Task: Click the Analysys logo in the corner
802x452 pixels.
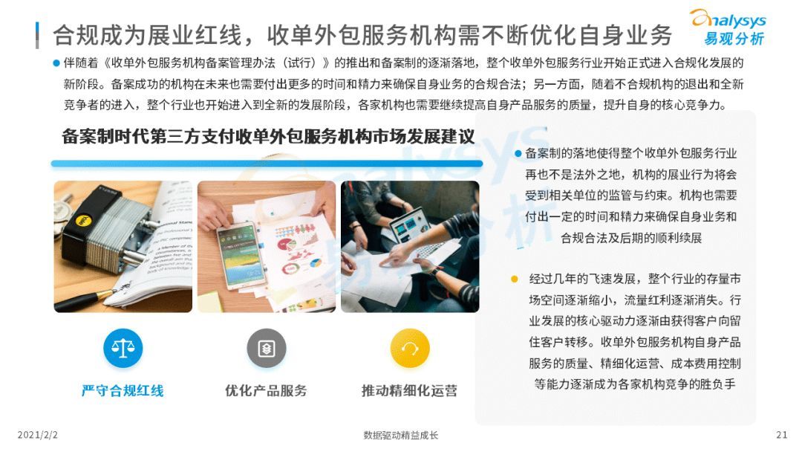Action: pos(728,28)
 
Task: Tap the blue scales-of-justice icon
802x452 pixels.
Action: pos(123,349)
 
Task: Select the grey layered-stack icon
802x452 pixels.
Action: pos(267,349)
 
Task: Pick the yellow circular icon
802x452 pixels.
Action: pos(410,349)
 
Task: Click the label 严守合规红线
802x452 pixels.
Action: pos(123,391)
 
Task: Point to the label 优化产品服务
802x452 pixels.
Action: pos(266,391)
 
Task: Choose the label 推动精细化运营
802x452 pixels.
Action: pos(410,391)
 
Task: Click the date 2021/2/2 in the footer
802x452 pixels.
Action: pos(38,435)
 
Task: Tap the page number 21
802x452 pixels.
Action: pos(781,435)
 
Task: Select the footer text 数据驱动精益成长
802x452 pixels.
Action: pos(400,436)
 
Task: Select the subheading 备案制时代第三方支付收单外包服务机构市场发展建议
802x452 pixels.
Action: pos(268,137)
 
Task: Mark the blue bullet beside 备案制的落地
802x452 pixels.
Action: pos(518,154)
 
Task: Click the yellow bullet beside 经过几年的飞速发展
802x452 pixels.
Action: pos(515,279)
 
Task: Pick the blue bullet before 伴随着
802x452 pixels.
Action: pos(56,63)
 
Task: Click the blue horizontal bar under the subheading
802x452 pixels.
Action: pos(267,164)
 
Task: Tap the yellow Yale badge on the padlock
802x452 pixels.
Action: pos(82,221)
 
